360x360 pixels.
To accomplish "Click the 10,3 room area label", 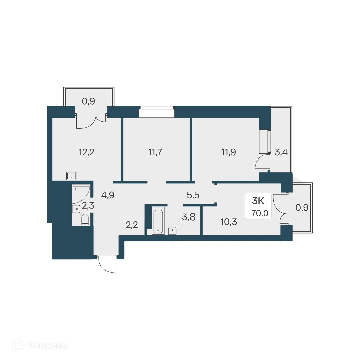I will pyautogui.click(x=229, y=222).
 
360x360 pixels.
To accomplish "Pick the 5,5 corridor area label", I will pyautogui.click(x=193, y=195).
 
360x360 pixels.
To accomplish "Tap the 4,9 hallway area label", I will pyautogui.click(x=108, y=195).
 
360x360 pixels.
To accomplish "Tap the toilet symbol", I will pyautogui.click(x=85, y=219).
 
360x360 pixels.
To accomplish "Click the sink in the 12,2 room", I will pyautogui.click(x=72, y=176).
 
